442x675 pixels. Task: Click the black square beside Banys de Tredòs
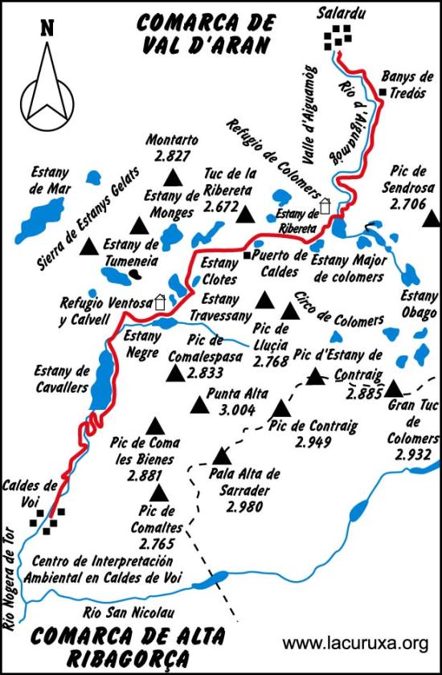coord(383,93)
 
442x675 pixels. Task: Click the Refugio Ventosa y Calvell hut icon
coord(160,303)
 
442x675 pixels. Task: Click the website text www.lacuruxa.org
coord(355,643)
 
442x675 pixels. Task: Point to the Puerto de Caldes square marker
coord(248,255)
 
